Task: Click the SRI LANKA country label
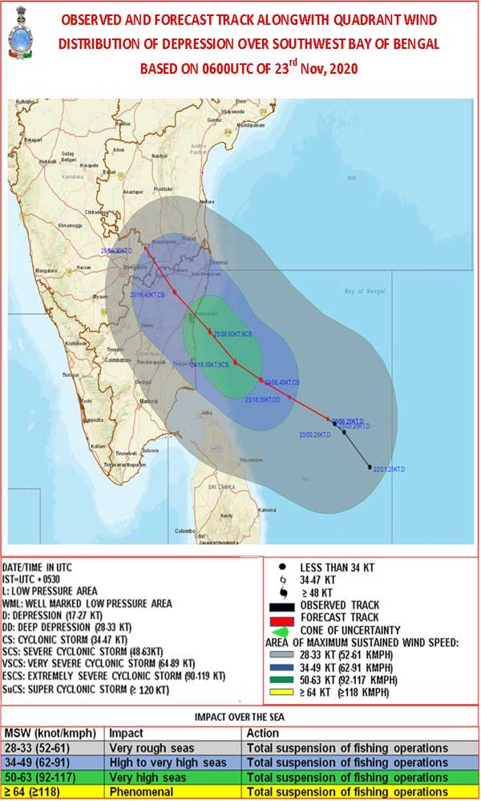(221, 487)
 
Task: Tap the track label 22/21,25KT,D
(390, 468)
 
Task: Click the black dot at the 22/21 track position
(370, 467)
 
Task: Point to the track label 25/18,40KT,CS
(148, 295)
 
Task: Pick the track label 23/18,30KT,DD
(262, 398)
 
